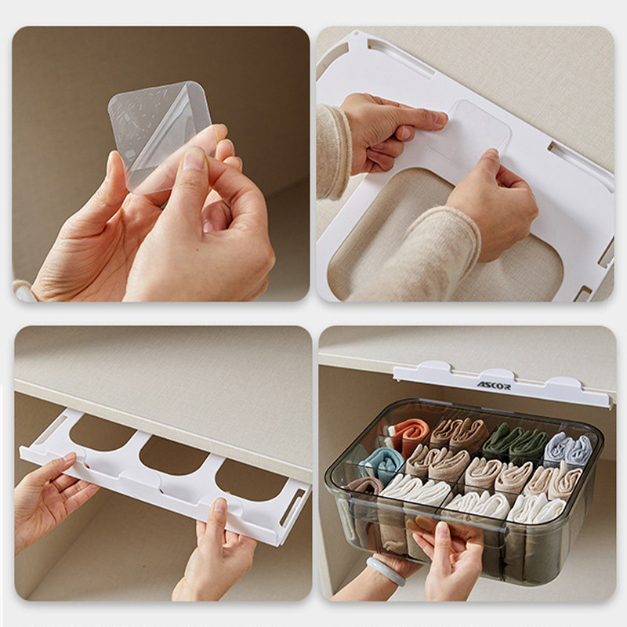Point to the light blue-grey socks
[x=569, y=449]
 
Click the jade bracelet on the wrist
[x=386, y=571]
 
